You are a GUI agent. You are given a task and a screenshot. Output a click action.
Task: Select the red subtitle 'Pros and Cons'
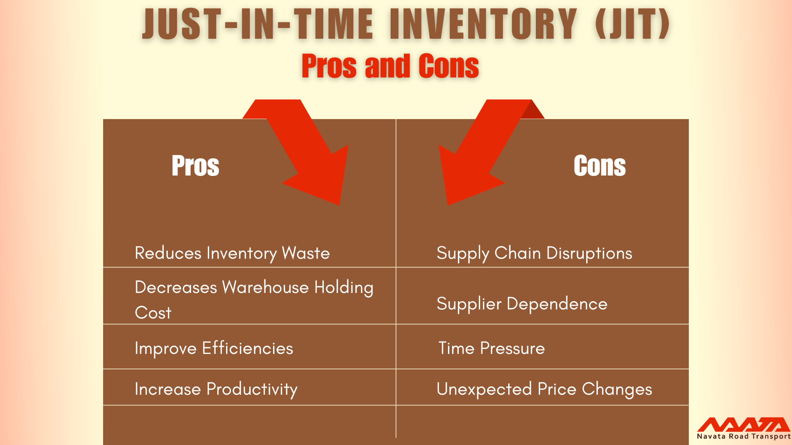[390, 66]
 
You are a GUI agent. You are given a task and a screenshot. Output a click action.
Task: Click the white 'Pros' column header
[195, 166]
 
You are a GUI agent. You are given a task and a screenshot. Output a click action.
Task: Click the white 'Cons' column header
[599, 166]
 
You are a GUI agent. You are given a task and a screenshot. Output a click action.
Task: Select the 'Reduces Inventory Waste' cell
[232, 253]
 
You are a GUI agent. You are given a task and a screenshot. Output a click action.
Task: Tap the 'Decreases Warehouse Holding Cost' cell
[254, 300]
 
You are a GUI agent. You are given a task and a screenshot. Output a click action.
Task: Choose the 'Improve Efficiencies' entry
[214, 349]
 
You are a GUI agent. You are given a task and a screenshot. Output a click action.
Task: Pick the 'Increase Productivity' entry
[216, 389]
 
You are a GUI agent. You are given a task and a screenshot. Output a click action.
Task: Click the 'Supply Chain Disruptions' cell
[534, 253]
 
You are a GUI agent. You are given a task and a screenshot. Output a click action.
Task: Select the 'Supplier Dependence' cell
[522, 304]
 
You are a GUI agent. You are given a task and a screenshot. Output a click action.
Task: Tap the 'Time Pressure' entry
[491, 349]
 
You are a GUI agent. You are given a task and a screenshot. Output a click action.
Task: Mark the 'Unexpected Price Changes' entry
[544, 389]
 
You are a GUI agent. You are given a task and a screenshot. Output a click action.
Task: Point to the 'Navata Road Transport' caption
[743, 436]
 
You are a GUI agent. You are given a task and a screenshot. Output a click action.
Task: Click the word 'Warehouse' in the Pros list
[265, 287]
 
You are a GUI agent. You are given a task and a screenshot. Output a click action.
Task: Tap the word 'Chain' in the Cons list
[517, 253]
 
